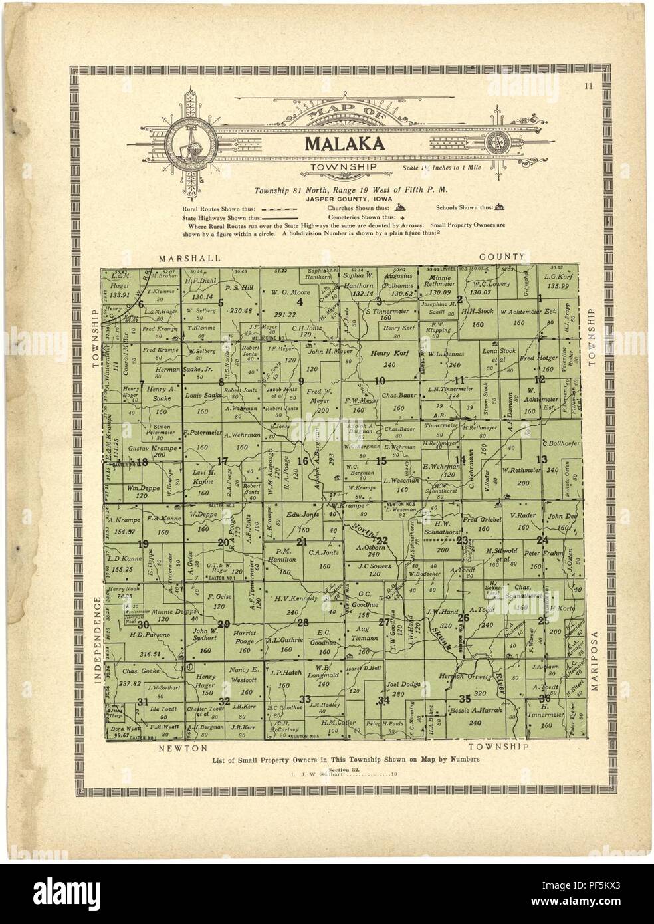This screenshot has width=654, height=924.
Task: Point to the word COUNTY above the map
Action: point(503,256)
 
